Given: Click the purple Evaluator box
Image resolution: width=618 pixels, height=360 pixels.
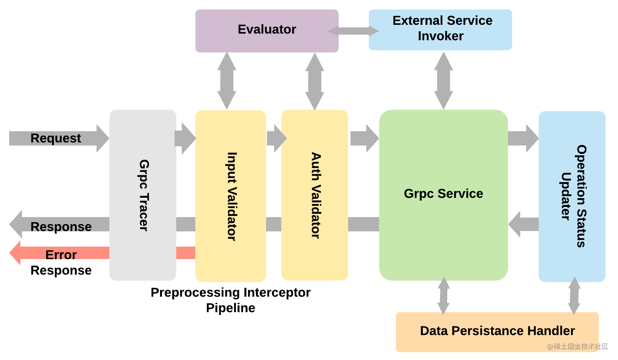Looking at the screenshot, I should [267, 31].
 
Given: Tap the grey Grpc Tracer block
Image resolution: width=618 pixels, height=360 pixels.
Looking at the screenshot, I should [142, 195].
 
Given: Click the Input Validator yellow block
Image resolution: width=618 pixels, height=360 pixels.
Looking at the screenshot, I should [230, 196].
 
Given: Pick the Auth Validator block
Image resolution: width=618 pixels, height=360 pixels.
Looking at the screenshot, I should [314, 195].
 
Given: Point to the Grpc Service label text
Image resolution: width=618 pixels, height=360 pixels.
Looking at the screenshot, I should [443, 194].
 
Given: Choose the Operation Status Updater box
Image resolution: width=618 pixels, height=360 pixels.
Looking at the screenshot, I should [572, 196].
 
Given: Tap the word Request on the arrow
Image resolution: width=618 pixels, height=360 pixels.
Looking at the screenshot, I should [56, 138].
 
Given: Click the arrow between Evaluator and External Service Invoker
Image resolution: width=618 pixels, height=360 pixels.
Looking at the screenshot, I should [353, 31].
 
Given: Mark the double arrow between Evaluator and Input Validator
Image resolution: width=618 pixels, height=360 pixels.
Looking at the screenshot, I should [226, 81].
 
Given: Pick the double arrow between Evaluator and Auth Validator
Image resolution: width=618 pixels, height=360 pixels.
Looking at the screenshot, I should [314, 81].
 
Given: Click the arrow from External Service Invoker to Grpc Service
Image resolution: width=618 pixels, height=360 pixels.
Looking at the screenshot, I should [443, 81].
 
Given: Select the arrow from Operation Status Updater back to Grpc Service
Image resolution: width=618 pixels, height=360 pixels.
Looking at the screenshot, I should [523, 224].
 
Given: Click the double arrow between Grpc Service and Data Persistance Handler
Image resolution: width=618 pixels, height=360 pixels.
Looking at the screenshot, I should [443, 296].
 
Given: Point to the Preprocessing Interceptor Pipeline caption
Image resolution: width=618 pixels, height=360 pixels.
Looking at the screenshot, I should [230, 300].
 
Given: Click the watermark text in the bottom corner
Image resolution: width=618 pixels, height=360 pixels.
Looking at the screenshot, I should [578, 346].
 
